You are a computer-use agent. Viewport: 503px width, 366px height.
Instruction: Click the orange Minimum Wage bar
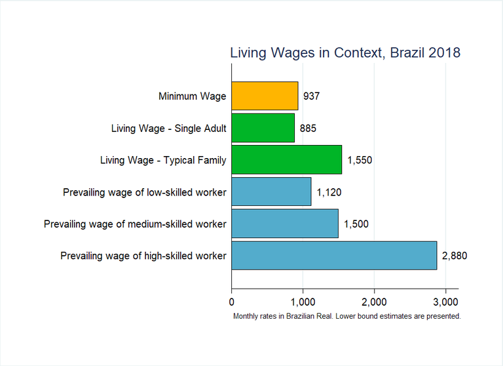pos(265,96)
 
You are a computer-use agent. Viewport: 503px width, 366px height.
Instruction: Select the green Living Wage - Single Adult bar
pos(263,128)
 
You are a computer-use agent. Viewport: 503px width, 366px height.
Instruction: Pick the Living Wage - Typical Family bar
pos(286,160)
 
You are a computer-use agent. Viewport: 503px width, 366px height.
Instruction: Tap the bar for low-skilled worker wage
pos(271,192)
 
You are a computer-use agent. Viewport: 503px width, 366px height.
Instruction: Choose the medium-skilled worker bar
pos(284,224)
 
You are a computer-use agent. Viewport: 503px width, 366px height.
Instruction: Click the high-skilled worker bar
pos(333,255)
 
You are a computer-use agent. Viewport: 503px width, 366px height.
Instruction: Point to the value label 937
pos(311,96)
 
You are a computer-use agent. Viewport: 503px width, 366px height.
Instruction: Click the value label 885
pos(308,129)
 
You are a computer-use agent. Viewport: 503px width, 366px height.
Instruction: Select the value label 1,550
pos(360,160)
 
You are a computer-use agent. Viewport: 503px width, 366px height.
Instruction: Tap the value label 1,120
pos(329,192)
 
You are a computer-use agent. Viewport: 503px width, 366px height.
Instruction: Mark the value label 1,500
pos(356,224)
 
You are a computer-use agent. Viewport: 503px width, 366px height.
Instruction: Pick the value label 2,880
pos(455,256)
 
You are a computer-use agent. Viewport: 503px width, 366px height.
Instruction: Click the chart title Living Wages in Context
pos(345,52)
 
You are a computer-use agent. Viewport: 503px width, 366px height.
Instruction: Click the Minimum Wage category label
pos(192,96)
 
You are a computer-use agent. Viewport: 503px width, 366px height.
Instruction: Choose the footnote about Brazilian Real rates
pos(347,316)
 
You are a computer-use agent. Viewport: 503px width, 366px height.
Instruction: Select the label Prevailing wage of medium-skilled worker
pos(135,224)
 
